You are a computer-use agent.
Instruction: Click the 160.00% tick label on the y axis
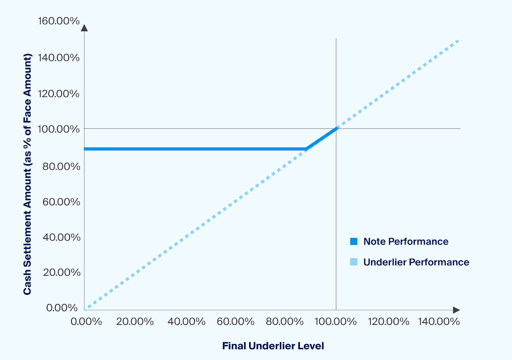[58, 21]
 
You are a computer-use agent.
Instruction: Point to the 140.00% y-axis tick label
[58, 57]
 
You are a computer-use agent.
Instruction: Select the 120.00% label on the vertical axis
[58, 94]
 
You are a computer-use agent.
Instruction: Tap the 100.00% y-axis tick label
[58, 129]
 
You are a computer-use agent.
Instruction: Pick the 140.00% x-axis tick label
[439, 321]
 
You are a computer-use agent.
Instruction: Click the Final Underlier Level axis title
[273, 346]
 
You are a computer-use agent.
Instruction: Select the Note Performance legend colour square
[353, 242]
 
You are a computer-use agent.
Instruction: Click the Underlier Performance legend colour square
[353, 262]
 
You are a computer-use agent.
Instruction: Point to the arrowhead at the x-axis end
[456, 310]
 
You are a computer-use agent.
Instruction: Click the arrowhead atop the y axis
[84, 28]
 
